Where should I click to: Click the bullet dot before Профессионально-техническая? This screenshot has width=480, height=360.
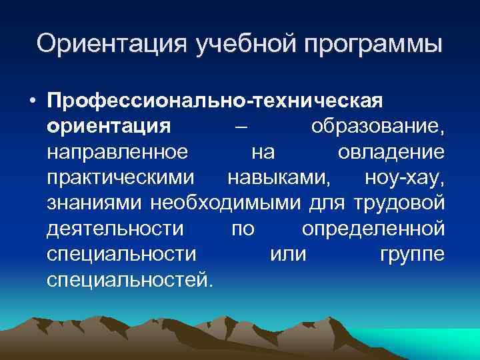pos(31,100)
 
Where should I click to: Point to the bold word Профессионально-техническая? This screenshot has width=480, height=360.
pos(215,101)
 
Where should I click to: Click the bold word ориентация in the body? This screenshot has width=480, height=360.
pos(109,127)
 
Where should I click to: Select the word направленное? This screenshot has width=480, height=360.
pos(117,153)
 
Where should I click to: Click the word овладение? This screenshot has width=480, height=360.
pos(391,153)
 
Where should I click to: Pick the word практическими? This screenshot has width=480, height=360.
pos(122,179)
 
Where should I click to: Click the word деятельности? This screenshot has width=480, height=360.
pos(115,229)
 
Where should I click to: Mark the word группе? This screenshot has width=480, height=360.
pos(412,255)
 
